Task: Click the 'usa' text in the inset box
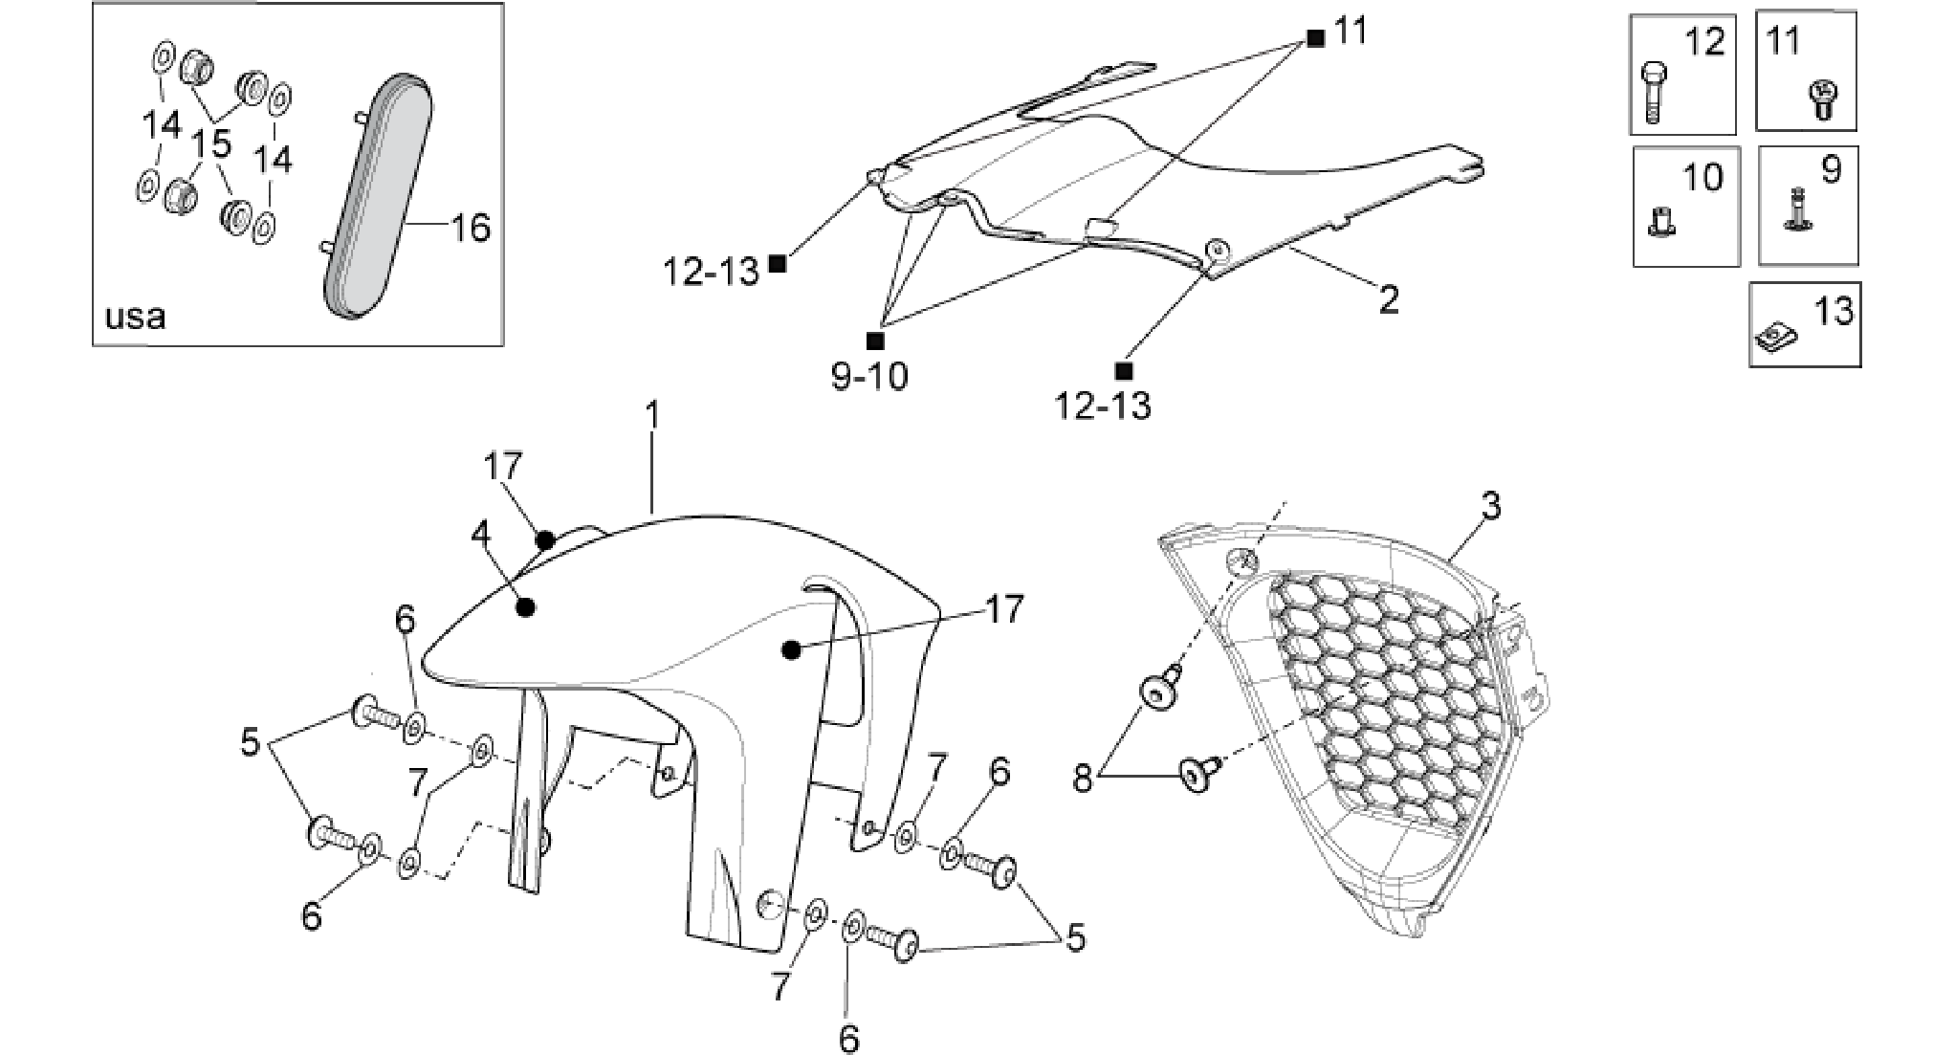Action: coord(135,316)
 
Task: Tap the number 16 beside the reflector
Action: coord(471,228)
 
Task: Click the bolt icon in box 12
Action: coord(1654,92)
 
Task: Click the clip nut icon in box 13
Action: coord(1777,336)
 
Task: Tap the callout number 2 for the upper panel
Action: coord(1388,300)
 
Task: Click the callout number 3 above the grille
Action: coord(1491,506)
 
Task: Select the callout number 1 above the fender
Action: coord(652,416)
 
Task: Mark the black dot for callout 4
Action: coord(524,606)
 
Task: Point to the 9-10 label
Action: coord(869,377)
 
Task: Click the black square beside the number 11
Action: coord(1317,39)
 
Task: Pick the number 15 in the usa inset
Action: coord(210,144)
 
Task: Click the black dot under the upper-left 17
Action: coord(545,540)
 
